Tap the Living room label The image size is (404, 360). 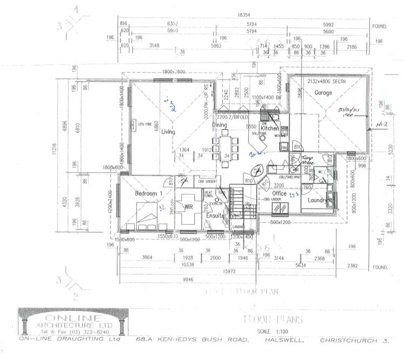168,131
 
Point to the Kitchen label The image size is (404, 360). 269,129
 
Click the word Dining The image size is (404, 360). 219,125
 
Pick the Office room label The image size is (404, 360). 279,193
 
